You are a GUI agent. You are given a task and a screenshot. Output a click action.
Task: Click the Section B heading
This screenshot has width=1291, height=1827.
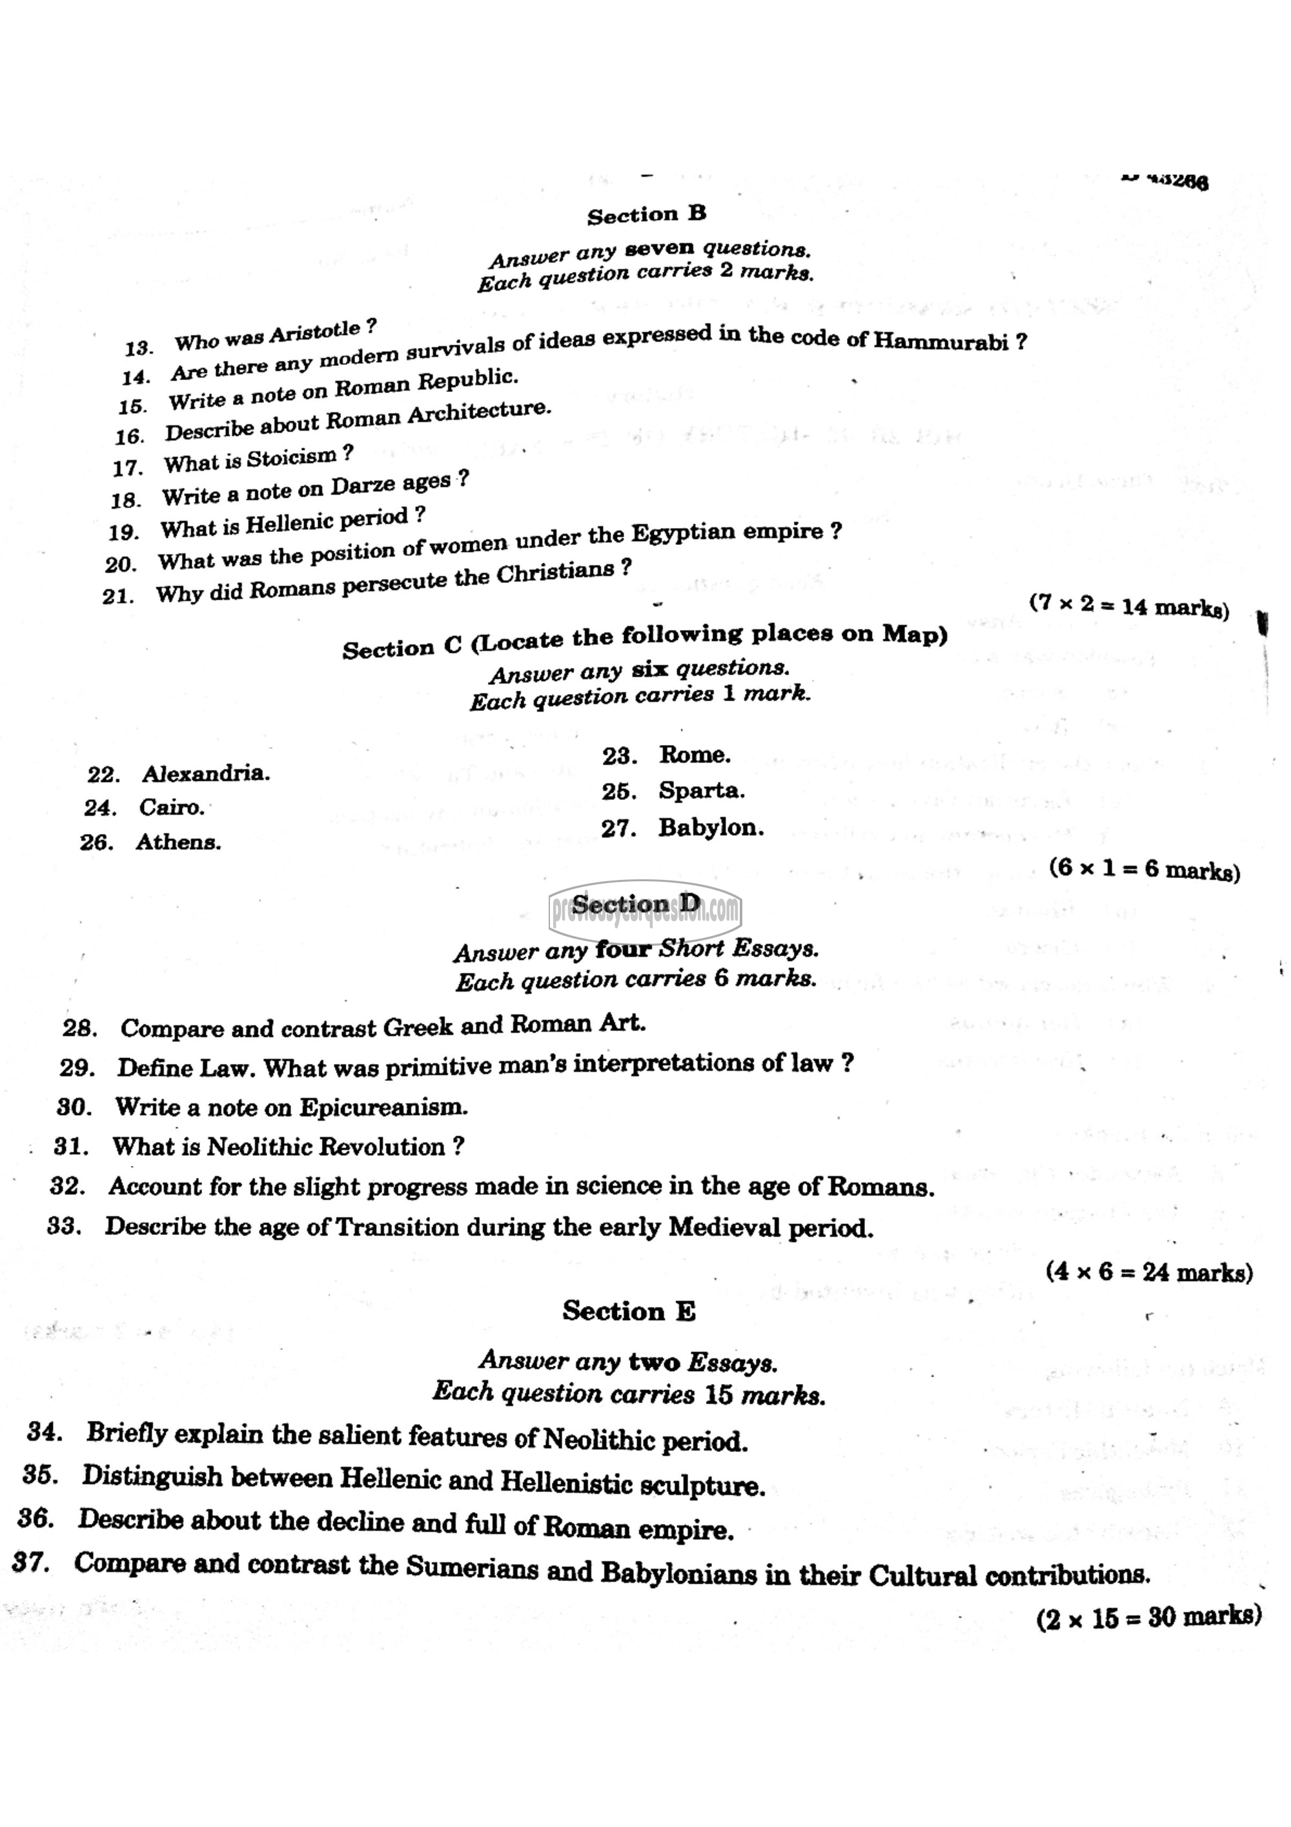(x=646, y=215)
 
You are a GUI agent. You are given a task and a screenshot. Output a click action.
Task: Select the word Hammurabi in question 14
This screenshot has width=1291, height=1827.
(x=940, y=341)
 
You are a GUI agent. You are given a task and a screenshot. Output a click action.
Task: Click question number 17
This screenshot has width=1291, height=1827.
(x=127, y=468)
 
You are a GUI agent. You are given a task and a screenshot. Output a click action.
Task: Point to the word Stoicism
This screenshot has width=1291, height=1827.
(x=291, y=458)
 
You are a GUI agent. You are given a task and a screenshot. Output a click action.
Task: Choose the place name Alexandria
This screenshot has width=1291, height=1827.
(x=205, y=773)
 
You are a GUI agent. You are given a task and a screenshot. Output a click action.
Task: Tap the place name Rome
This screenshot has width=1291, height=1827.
(x=694, y=754)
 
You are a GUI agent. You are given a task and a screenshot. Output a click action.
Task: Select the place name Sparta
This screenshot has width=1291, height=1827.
(x=701, y=791)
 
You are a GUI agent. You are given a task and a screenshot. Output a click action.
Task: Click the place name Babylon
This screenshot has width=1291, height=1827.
(x=710, y=828)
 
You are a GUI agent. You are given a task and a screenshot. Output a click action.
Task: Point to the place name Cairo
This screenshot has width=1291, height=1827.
(x=171, y=808)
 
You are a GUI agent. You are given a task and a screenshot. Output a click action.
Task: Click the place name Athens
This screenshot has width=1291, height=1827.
(x=178, y=842)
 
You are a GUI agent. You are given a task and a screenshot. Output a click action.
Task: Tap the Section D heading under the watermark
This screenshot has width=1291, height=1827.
(x=636, y=904)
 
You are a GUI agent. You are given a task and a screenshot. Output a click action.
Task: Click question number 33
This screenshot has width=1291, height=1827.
(x=64, y=1226)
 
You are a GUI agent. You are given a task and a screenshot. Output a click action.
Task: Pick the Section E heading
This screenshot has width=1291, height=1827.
(x=629, y=1311)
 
